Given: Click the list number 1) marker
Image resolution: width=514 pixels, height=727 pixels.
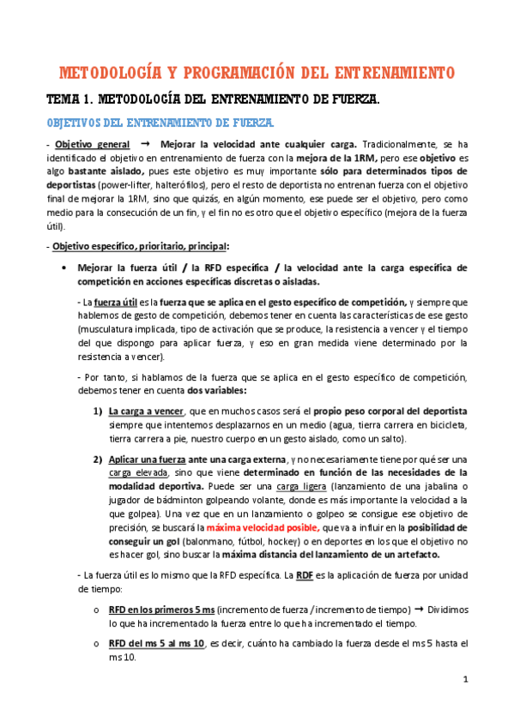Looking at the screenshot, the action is pos(99,412).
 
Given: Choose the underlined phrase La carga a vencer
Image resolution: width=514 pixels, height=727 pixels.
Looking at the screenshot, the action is pos(145,412).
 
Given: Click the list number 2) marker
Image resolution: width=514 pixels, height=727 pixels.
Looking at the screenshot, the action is pos(99,459).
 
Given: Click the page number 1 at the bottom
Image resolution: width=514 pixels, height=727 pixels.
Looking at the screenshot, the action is pos(464,681).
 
